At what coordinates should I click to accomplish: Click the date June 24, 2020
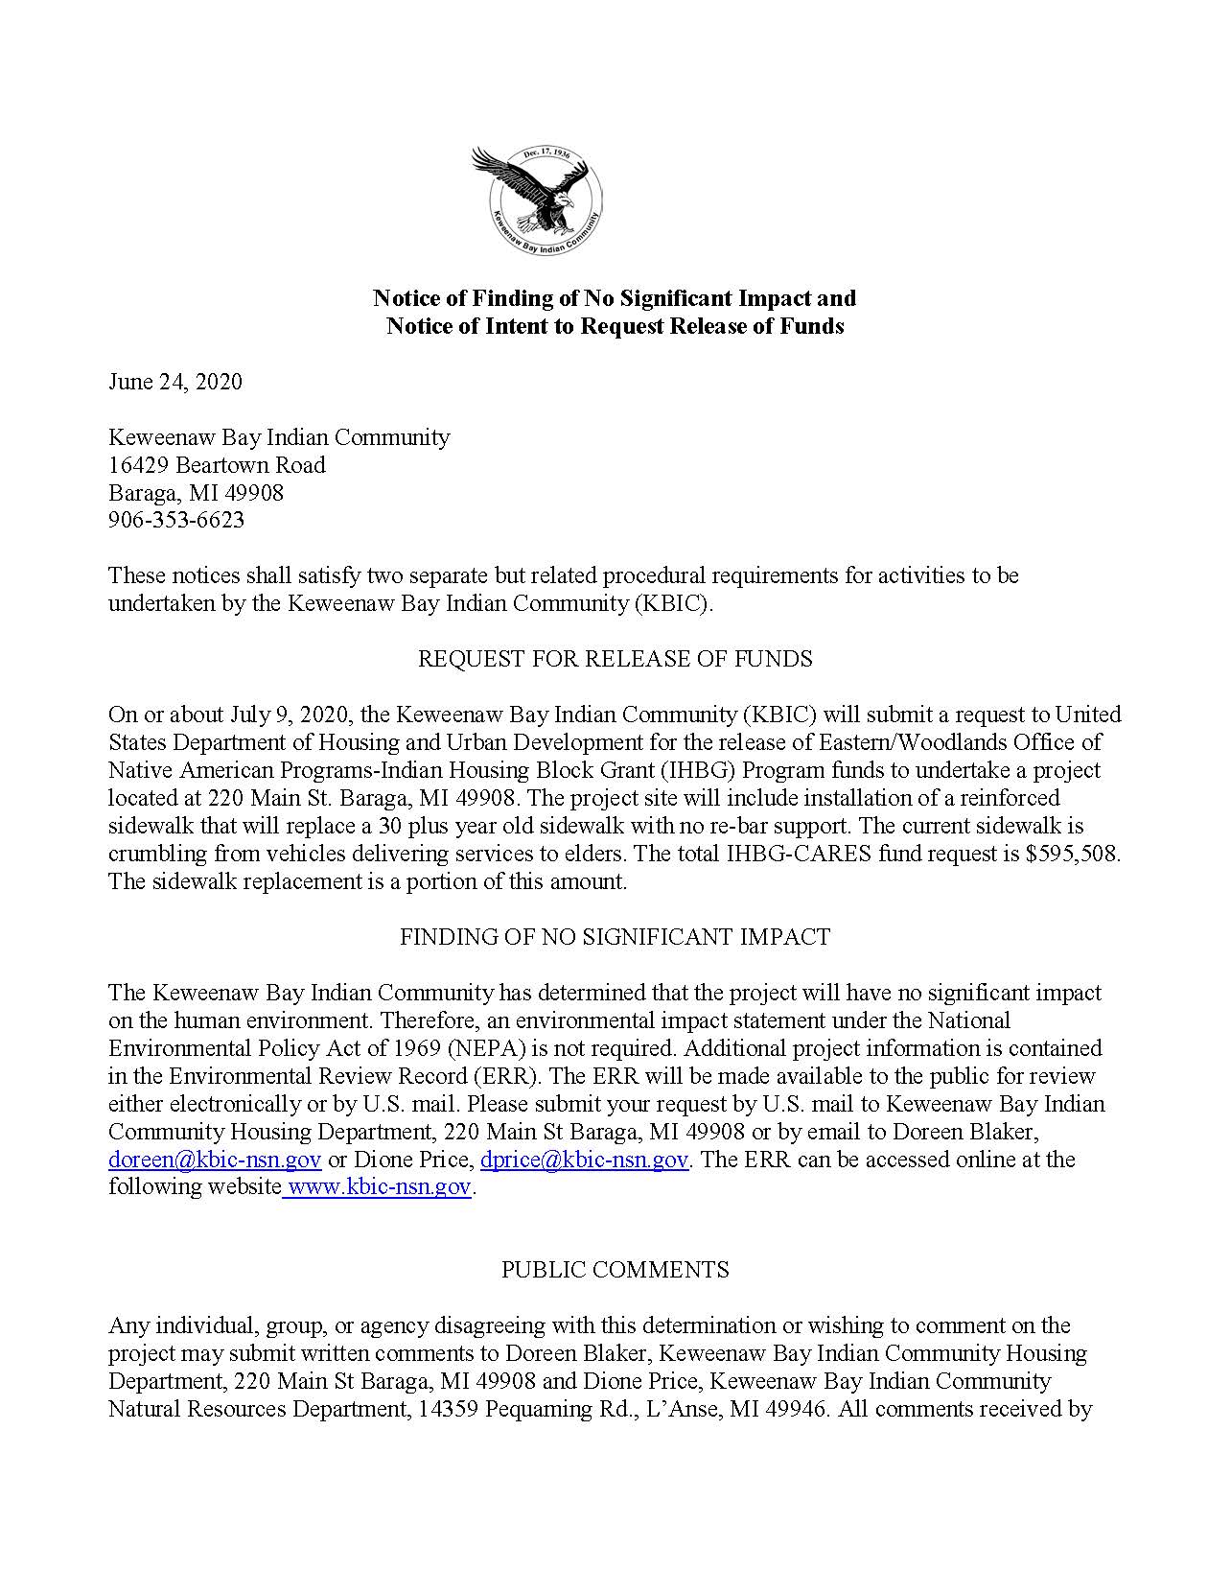pos(174,382)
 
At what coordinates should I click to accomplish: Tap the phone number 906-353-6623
pos(176,520)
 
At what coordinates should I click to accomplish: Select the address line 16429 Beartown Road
pos(217,465)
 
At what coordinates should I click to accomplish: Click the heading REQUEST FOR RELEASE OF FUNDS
pos(615,659)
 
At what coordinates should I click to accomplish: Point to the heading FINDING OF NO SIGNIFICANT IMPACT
pos(615,937)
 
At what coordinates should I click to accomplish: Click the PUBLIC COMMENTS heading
pos(615,1270)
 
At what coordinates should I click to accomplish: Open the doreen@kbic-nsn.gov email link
pos(215,1160)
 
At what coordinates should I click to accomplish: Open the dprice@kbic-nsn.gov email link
pos(584,1160)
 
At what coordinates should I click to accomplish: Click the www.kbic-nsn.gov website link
pos(380,1187)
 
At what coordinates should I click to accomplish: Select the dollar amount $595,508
pos(1071,854)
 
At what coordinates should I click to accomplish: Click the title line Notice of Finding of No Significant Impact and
pos(615,298)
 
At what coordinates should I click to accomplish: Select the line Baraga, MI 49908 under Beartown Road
pos(196,493)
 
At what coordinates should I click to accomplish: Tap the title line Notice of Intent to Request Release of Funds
pos(615,326)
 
